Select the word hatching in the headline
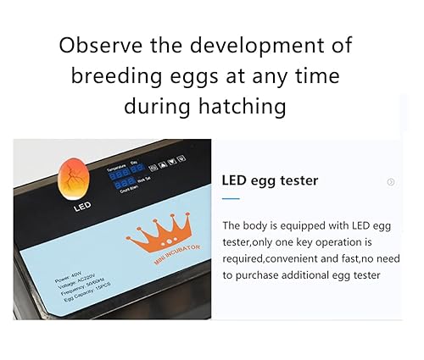[247, 106]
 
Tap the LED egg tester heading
[269, 180]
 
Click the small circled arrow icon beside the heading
[391, 181]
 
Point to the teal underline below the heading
[230, 198]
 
